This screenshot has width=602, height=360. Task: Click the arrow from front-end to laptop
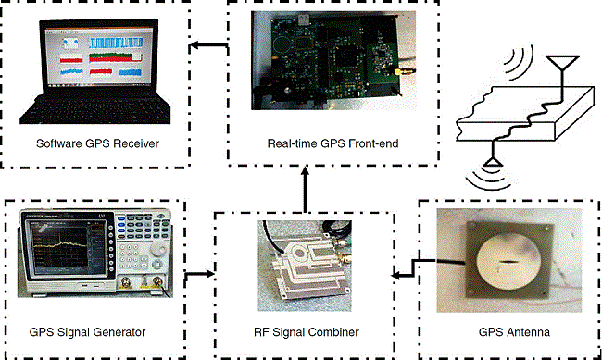pyautogui.click(x=208, y=44)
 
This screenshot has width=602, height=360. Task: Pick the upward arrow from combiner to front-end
pyautogui.click(x=305, y=190)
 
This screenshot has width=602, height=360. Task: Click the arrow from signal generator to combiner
pyautogui.click(x=199, y=273)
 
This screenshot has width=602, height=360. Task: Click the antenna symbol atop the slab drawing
pyautogui.click(x=558, y=65)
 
